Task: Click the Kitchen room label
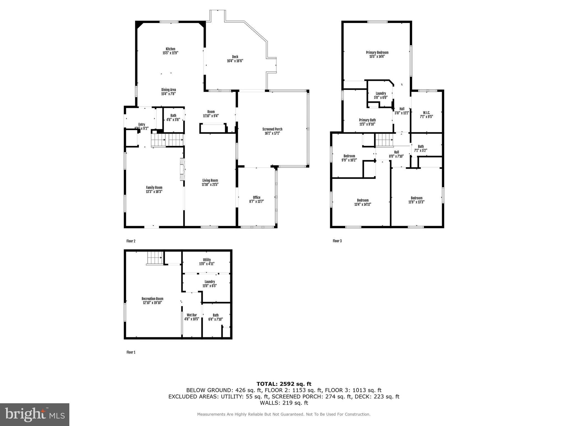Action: click(170, 49)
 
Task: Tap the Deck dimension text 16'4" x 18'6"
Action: click(235, 61)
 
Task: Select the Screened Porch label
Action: click(272, 129)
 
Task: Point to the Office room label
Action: click(257, 197)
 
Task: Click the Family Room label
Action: click(154, 187)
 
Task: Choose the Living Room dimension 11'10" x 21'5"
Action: click(210, 184)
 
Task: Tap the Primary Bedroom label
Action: click(377, 52)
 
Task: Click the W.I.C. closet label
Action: click(426, 113)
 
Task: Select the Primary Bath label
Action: click(367, 120)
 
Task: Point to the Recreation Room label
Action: click(152, 299)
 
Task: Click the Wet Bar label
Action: click(192, 315)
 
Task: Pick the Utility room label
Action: click(207, 260)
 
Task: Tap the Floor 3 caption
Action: click(337, 241)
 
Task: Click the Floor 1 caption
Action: click(131, 352)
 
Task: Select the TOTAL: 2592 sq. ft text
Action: click(284, 384)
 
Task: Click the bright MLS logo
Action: click(35, 414)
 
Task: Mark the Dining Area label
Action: click(169, 90)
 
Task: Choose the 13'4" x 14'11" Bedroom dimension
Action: click(362, 204)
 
